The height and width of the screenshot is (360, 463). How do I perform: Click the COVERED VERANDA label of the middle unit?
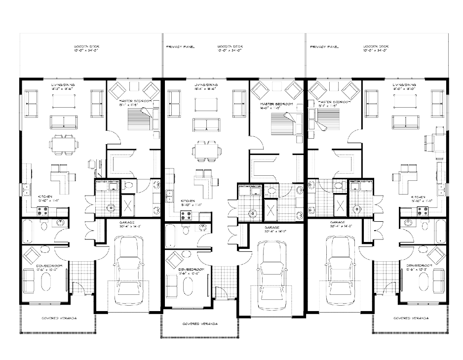pyautogui.click(x=200, y=324)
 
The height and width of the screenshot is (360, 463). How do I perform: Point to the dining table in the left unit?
pyautogui.click(x=63, y=144)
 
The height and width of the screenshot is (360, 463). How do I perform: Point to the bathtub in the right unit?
pyautogui.click(x=440, y=232)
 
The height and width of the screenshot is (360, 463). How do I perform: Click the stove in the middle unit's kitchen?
pyautogui.click(x=187, y=215)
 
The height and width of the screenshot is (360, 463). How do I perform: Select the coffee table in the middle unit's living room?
pyautogui.click(x=206, y=105)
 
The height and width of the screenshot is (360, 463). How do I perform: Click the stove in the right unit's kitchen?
pyautogui.click(x=423, y=211)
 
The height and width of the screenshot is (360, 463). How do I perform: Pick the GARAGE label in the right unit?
pyautogui.click(x=338, y=223)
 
